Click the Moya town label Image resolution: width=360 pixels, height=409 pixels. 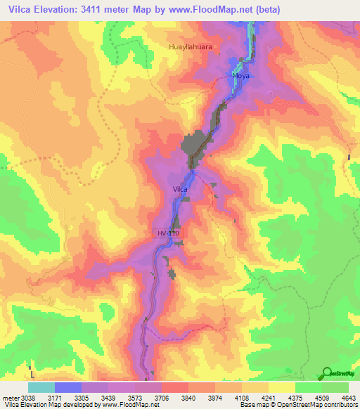point(240,74)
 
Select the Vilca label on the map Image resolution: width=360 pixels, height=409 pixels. point(180,189)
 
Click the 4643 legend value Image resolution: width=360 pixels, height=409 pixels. point(348,397)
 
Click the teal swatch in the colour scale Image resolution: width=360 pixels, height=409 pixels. point(41,387)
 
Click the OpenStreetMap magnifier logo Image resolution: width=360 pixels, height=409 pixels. point(327,374)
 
